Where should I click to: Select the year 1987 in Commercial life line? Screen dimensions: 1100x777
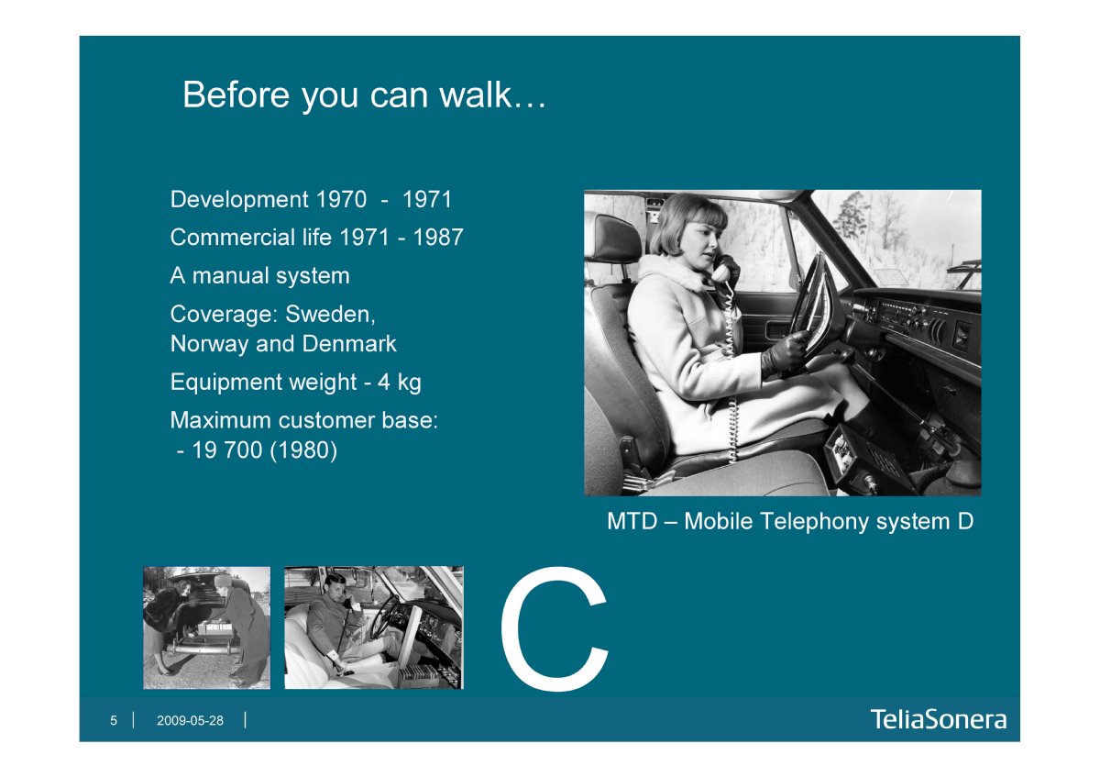[438, 238]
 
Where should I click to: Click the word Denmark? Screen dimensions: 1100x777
[349, 343]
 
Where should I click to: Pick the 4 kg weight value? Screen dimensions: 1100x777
[400, 383]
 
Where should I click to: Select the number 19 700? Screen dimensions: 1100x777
[227, 450]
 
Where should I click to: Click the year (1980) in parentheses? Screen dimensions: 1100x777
[303, 450]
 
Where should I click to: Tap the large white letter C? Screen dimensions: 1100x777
[554, 629]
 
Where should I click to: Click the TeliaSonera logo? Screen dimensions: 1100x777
[939, 719]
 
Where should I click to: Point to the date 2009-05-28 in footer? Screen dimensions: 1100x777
[190, 720]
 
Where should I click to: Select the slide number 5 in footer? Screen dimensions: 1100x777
[114, 720]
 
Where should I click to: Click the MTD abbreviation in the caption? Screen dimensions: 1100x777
[632, 521]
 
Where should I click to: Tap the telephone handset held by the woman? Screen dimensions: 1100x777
[725, 270]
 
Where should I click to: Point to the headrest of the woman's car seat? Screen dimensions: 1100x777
[617, 239]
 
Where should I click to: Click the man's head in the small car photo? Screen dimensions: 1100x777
[335, 586]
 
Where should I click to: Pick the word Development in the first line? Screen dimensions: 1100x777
[239, 200]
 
